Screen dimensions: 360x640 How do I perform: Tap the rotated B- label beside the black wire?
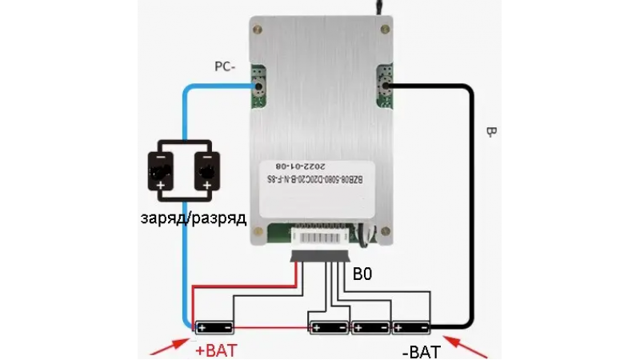[x=489, y=134]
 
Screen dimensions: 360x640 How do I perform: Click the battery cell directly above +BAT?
[x=214, y=327]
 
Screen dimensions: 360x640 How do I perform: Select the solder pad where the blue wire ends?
[x=258, y=83]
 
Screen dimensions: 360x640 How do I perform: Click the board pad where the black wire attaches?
[x=384, y=83]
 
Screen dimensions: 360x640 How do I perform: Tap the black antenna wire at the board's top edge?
[x=374, y=6]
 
